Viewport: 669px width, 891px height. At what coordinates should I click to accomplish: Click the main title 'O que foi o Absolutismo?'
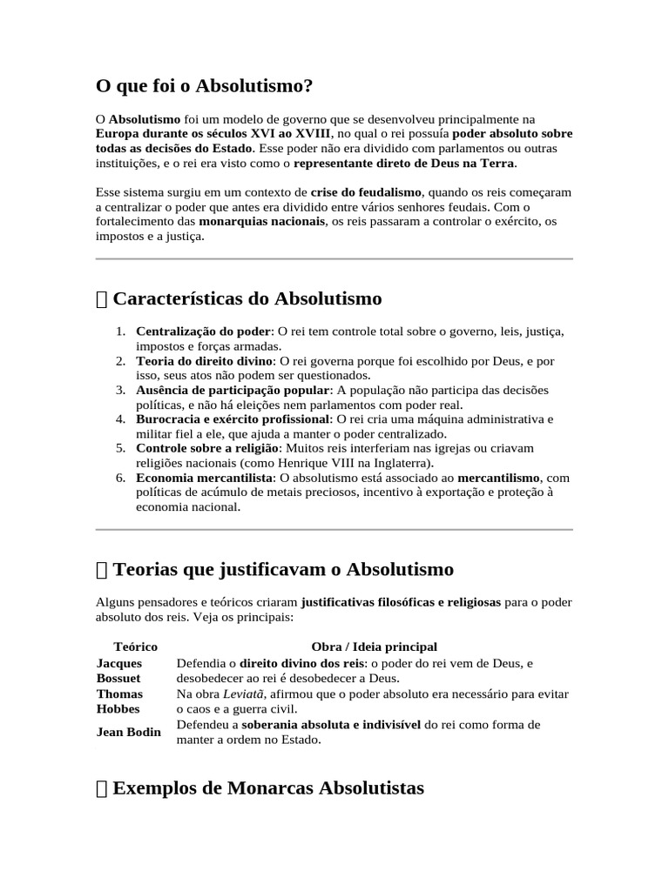(203, 86)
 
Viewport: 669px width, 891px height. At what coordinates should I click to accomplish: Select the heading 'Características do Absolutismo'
(247, 298)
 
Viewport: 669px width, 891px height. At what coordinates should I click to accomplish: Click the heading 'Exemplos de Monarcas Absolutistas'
(268, 787)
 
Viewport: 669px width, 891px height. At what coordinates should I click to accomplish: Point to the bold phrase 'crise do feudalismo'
(366, 191)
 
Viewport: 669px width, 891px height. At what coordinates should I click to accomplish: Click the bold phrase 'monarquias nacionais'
(261, 222)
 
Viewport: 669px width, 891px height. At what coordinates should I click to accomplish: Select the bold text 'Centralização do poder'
(204, 332)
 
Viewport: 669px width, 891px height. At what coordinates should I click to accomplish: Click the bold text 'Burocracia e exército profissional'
(233, 419)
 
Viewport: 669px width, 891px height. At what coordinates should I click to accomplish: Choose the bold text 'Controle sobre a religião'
(206, 447)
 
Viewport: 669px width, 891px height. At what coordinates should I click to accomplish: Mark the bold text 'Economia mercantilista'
(204, 478)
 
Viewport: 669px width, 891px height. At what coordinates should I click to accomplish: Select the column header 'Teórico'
(135, 646)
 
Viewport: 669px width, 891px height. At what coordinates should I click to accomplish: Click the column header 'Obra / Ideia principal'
(374, 646)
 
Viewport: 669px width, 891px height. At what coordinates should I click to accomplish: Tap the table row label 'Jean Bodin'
(128, 732)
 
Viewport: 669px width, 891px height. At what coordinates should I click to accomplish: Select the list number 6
(121, 478)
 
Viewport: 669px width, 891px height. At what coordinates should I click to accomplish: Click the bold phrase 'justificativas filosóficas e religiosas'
(401, 602)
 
